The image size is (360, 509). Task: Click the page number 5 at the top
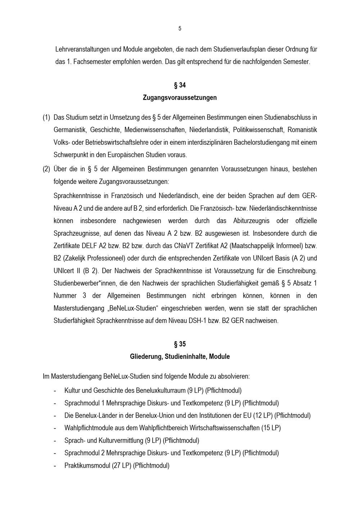180,29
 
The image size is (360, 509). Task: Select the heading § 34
180,85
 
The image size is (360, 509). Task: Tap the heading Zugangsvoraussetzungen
180,98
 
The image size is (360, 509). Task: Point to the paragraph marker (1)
46,117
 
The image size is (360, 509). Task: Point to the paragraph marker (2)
46,169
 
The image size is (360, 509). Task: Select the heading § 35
180,344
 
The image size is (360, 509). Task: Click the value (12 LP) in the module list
263,415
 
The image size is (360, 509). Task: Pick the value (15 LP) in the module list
271,428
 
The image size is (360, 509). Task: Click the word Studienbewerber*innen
85,283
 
